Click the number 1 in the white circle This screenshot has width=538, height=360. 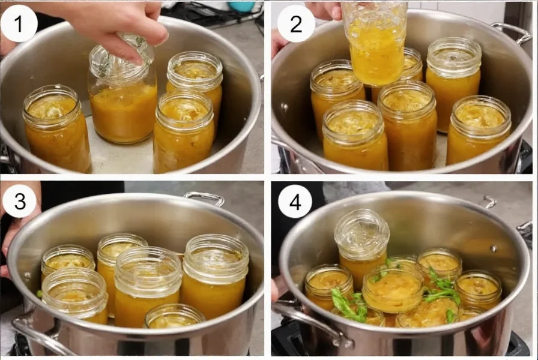tap(20, 25)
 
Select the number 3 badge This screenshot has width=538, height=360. tap(20, 203)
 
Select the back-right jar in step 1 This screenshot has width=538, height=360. tap(195, 78)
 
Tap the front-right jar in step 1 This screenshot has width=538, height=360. tap(183, 132)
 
